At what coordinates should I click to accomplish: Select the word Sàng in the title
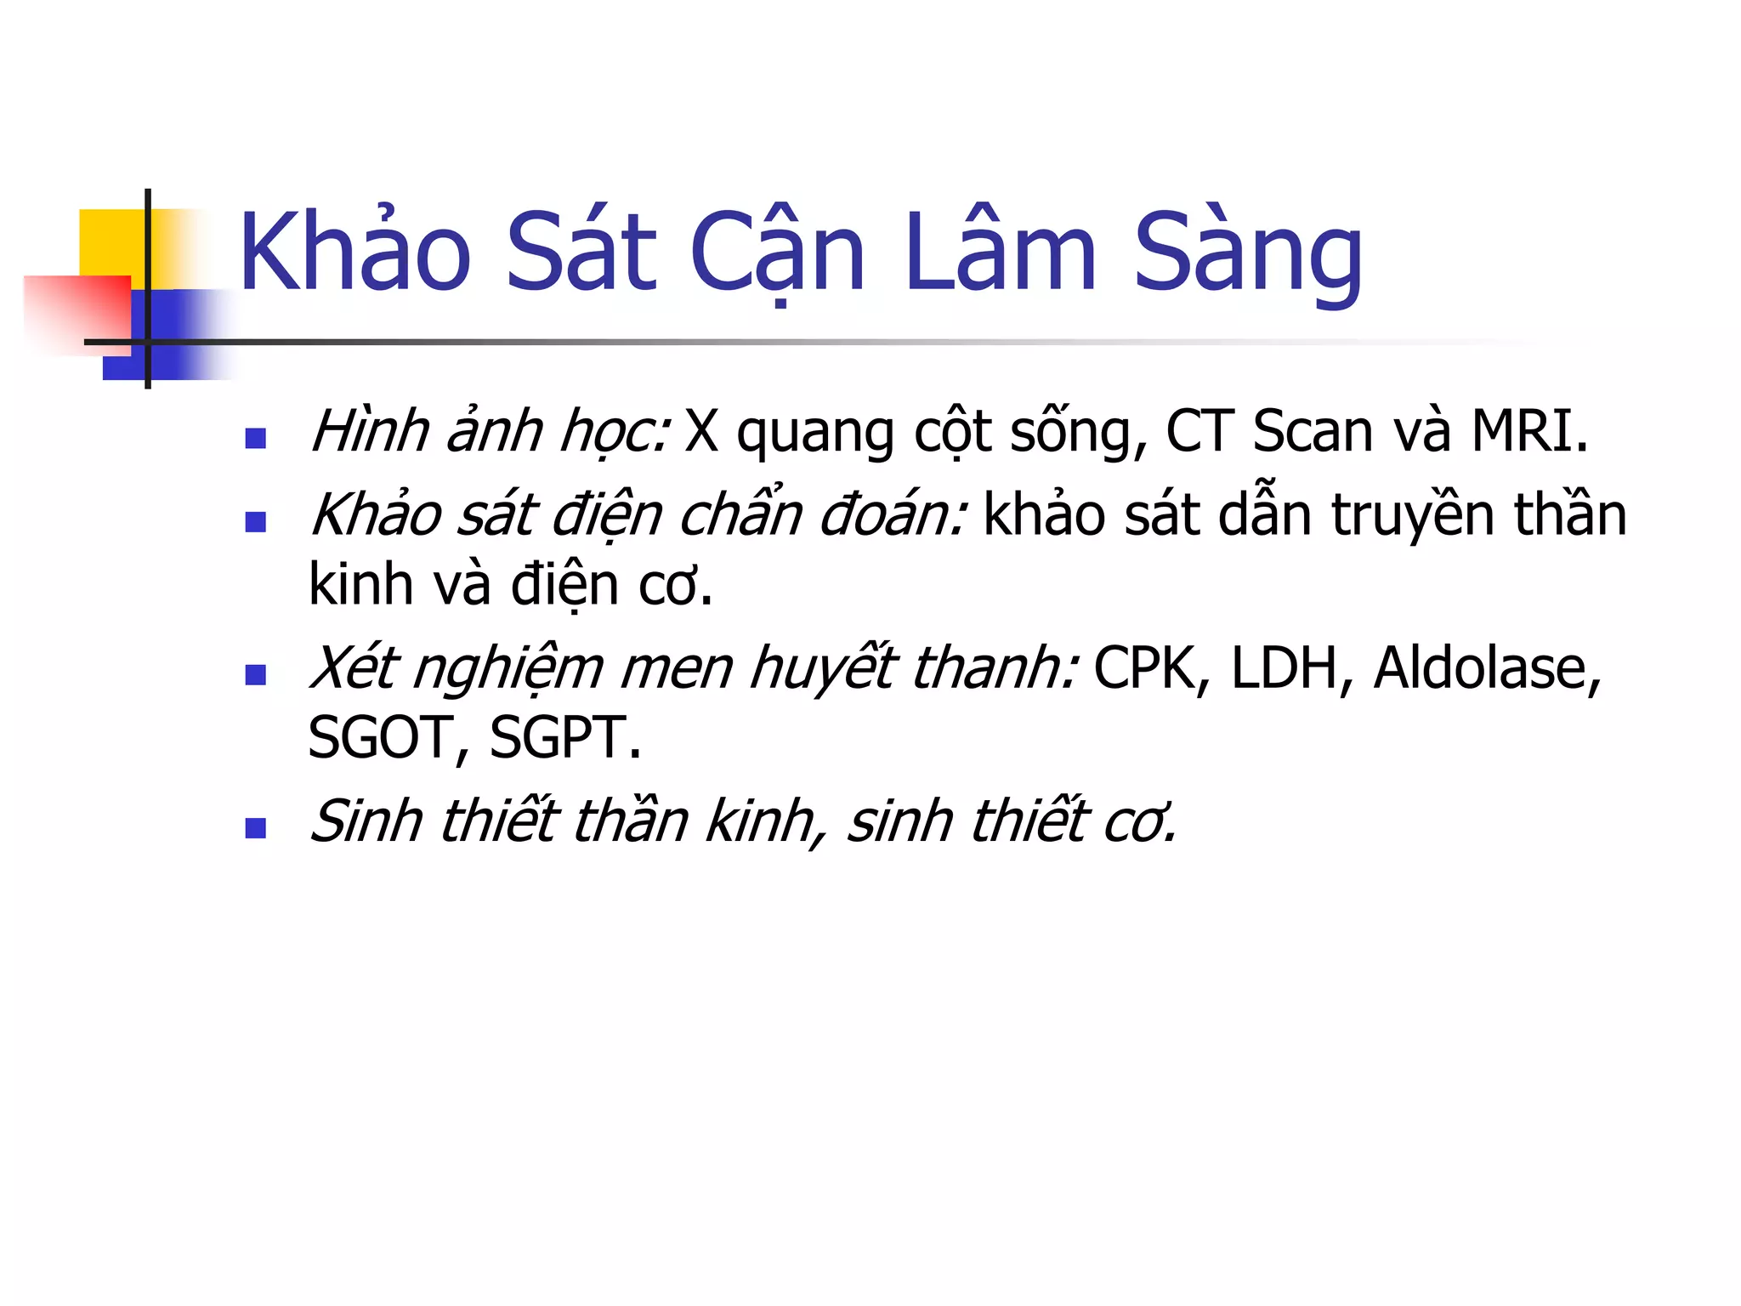coord(1248,255)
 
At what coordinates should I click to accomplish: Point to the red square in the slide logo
coord(77,310)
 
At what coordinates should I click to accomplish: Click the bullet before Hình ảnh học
coord(255,438)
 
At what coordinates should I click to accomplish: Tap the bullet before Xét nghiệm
coord(255,675)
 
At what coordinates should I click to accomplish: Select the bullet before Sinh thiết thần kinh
coord(255,828)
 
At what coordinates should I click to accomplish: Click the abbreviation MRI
coord(1528,431)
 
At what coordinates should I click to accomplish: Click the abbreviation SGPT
coord(564,737)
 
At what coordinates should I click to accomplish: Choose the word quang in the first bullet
coord(814,434)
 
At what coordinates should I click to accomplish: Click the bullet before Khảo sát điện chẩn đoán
coord(255,521)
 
